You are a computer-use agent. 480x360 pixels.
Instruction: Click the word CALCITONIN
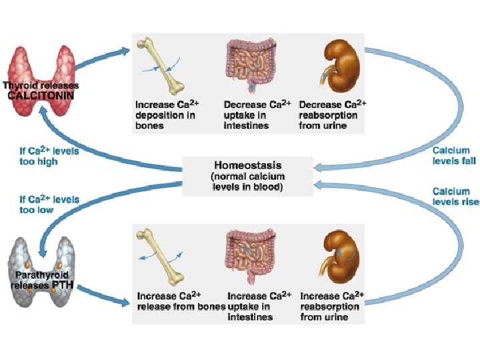[x=41, y=95]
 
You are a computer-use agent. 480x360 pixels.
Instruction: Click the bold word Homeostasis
[x=247, y=165]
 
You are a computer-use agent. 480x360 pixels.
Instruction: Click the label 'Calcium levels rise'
[x=455, y=197]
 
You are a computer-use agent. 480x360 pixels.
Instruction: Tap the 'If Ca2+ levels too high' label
[x=49, y=156]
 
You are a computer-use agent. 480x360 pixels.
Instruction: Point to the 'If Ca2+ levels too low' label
[x=49, y=204]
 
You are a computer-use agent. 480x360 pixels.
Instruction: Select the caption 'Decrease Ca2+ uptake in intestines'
[x=256, y=115]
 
